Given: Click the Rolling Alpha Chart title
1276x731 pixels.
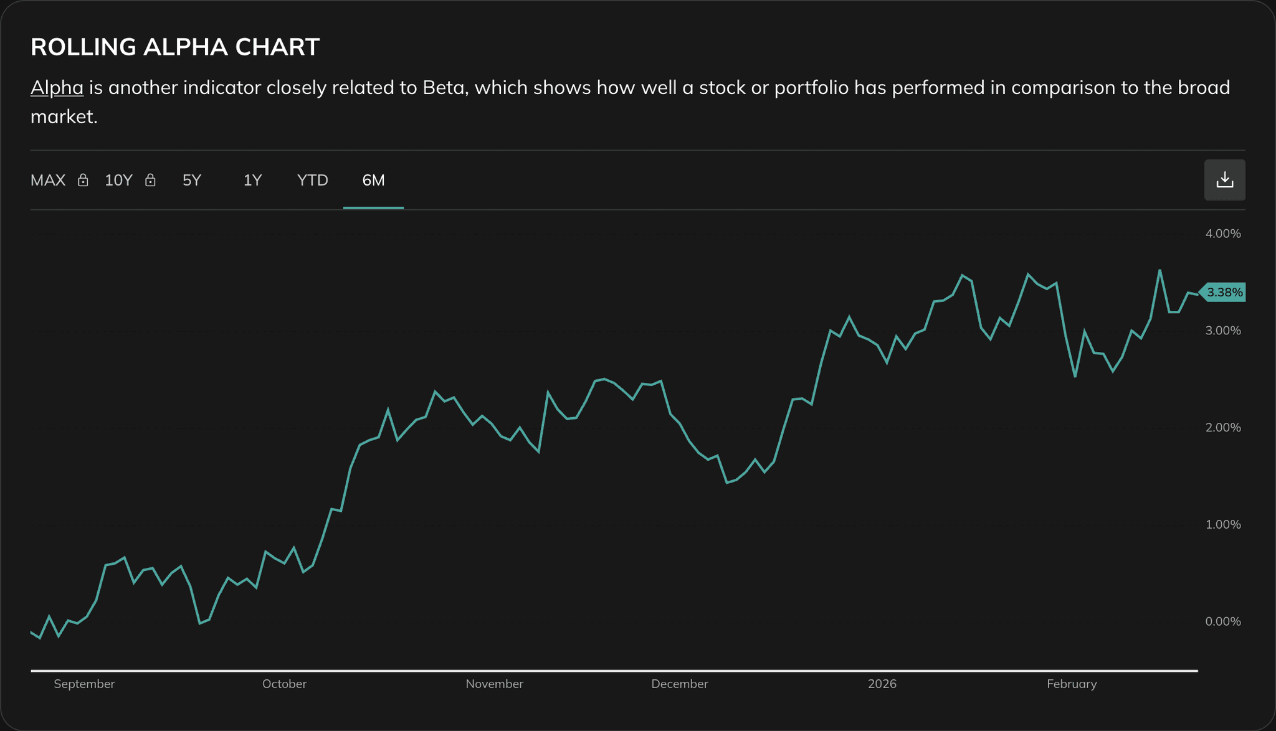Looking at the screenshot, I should (175, 47).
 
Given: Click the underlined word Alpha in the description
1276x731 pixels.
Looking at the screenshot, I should (57, 88).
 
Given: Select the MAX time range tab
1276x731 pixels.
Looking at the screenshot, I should (48, 181).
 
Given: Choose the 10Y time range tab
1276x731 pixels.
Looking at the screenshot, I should (118, 181).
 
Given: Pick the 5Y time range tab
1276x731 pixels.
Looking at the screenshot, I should (192, 181).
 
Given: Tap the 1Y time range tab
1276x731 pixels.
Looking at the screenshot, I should (252, 181).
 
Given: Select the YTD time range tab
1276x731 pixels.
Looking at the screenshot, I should (312, 181).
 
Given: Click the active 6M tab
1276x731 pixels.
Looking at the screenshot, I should (373, 181).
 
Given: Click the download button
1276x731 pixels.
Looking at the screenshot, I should (1224, 180).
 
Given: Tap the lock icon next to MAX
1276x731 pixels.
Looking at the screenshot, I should (83, 181).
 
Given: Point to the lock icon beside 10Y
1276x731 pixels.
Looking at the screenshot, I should (150, 181).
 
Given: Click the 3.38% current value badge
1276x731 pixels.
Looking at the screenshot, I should (1224, 292).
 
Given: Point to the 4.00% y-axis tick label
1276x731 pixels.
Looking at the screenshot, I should (1223, 233).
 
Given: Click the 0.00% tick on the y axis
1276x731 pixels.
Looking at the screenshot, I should (1223, 621).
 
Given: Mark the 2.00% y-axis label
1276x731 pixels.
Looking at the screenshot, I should (1223, 428).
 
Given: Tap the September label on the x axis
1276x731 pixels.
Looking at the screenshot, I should (84, 684).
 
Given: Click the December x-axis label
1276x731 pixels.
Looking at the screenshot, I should (679, 684).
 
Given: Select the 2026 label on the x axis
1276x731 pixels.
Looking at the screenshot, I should (882, 684).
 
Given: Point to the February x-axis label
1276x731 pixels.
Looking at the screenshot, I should (1072, 684).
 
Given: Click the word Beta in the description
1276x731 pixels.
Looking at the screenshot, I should (444, 88).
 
